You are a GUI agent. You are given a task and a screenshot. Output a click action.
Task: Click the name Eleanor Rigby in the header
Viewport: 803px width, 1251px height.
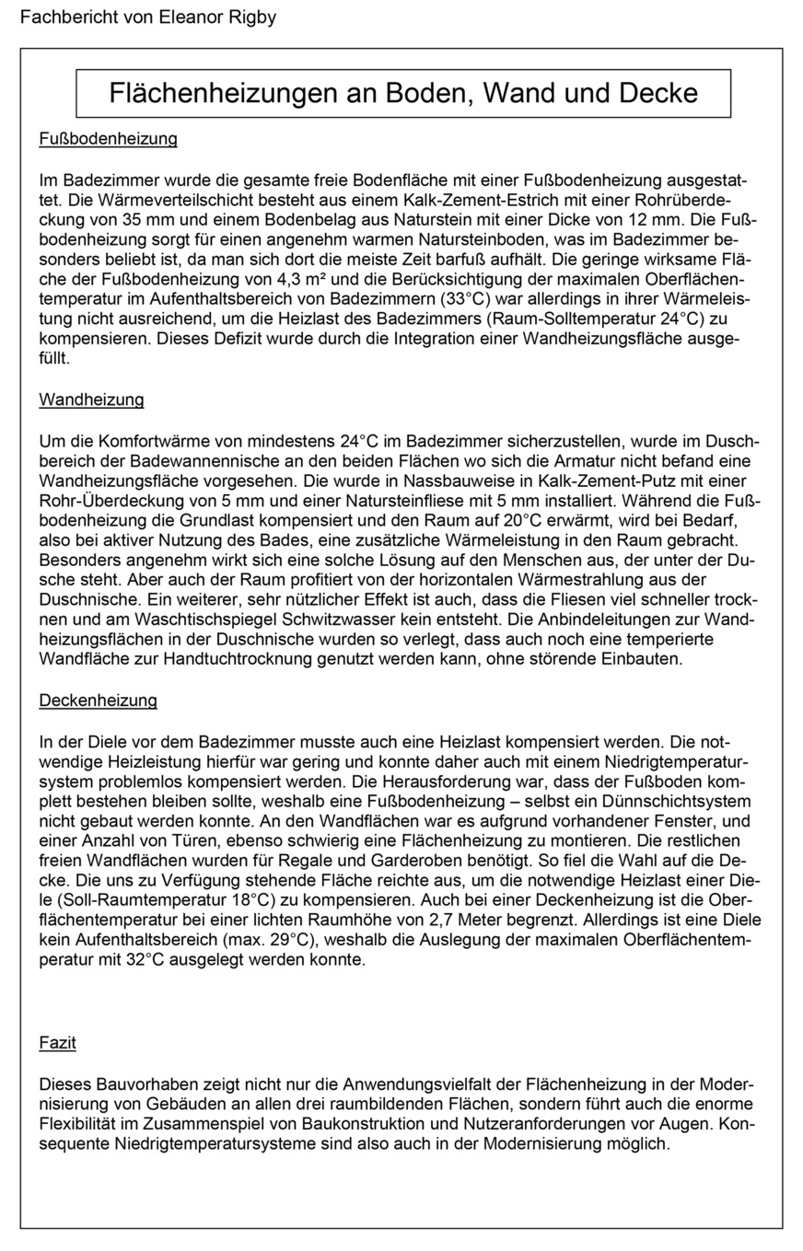218,17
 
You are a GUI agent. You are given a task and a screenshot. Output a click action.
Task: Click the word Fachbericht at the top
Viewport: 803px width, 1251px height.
64,17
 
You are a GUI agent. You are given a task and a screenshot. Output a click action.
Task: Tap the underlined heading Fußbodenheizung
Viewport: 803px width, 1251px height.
108,140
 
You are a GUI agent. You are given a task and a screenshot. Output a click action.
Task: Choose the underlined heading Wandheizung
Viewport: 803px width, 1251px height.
91,400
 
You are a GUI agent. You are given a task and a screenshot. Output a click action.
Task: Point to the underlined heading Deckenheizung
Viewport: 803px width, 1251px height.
98,701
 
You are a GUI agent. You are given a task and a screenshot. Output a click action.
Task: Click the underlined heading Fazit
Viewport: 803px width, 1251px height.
57,1043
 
